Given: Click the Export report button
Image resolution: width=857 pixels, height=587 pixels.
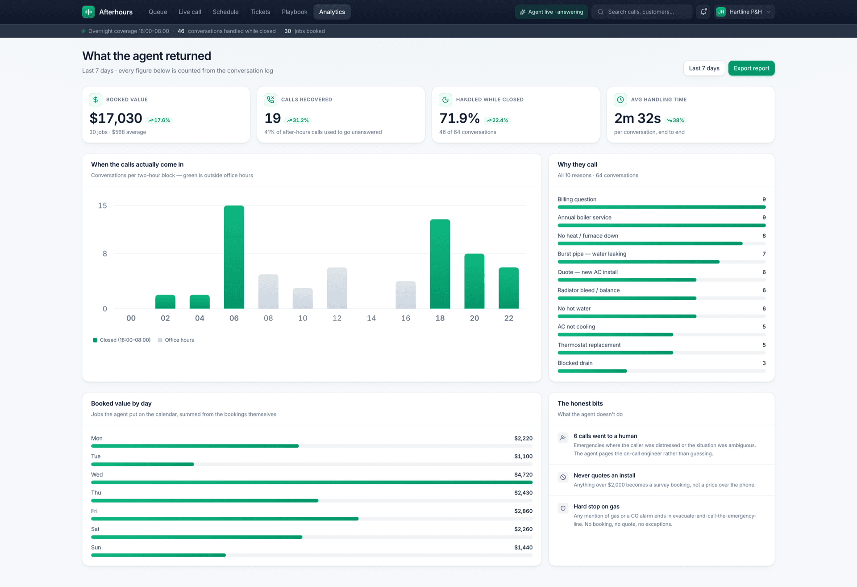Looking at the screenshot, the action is [751, 68].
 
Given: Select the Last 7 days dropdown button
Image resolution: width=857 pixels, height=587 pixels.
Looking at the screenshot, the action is [704, 68].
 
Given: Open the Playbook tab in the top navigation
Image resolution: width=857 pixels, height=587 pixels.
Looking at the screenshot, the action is [295, 12].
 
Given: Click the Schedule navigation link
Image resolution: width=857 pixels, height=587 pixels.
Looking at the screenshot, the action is [225, 12].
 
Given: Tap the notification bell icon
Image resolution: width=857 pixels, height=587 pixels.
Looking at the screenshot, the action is [703, 12].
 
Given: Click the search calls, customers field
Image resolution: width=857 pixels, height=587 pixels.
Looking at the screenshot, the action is [642, 12].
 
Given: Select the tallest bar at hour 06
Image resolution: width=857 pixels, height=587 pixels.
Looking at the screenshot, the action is [234, 257].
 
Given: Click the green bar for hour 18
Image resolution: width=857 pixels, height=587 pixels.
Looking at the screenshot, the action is [440, 264].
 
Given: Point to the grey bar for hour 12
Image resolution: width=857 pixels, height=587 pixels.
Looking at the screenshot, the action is [337, 288].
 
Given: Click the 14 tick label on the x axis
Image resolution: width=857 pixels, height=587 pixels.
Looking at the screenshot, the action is [371, 318].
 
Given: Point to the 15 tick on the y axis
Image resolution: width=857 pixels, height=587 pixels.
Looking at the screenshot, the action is [103, 205].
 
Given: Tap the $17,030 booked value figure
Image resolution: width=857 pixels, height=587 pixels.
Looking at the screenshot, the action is [116, 118].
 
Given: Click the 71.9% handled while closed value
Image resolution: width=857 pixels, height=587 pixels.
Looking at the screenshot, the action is [459, 118].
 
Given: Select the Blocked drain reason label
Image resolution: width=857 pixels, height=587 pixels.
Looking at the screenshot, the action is [575, 363].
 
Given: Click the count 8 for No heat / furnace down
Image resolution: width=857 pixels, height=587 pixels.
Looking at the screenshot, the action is [764, 236].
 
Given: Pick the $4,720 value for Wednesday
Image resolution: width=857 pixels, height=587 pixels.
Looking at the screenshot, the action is [523, 474].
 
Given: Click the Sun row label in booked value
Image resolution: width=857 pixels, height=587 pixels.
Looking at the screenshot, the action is [96, 547].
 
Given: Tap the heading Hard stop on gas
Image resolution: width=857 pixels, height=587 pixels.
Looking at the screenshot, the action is [596, 507].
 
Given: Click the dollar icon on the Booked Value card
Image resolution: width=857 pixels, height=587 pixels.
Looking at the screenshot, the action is [96, 100].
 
